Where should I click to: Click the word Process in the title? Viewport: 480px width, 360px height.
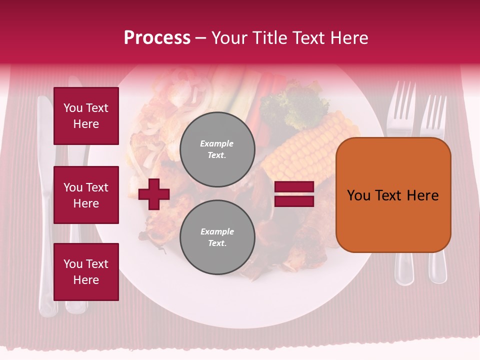157,38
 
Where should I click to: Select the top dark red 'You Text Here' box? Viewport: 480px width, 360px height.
86,116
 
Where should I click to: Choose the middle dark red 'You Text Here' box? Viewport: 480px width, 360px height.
86,195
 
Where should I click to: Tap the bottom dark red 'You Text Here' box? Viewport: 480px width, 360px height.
86,271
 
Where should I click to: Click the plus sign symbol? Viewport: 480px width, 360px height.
154,194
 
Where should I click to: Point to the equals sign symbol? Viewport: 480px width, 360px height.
294,194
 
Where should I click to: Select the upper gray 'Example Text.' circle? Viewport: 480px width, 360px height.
217,149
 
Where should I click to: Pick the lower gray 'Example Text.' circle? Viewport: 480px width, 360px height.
217,237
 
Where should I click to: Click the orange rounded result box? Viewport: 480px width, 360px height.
393,195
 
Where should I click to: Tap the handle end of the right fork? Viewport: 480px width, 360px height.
438,270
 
